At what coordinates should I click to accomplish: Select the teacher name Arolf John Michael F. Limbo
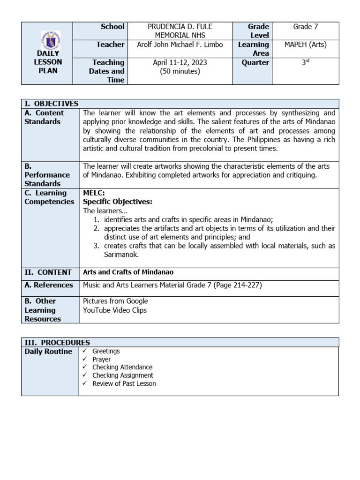pos(180,45)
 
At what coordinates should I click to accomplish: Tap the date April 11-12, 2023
pos(180,63)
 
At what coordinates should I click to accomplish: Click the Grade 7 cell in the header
pos(305,27)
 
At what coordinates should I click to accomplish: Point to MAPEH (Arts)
pos(305,45)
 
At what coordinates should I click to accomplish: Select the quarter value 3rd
pos(305,62)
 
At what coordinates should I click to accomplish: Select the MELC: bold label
pos(94,193)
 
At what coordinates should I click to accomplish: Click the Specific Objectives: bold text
pos(118,202)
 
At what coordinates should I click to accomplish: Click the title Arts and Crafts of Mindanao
pos(128,272)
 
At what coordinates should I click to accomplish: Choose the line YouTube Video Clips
pos(115,310)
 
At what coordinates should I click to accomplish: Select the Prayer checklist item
pos(102,359)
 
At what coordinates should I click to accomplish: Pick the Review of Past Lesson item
pos(124,383)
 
